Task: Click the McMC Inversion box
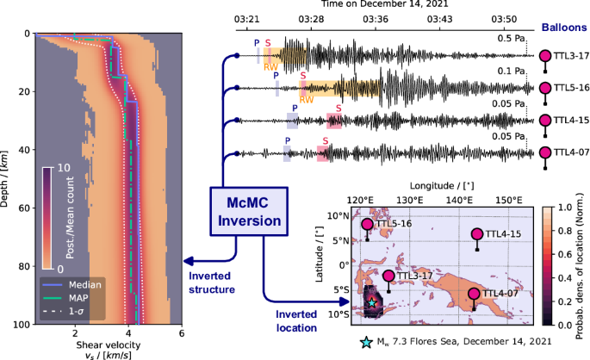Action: click(248, 212)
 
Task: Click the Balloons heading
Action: click(564, 26)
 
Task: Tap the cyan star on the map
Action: click(371, 303)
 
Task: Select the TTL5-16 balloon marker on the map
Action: click(368, 224)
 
